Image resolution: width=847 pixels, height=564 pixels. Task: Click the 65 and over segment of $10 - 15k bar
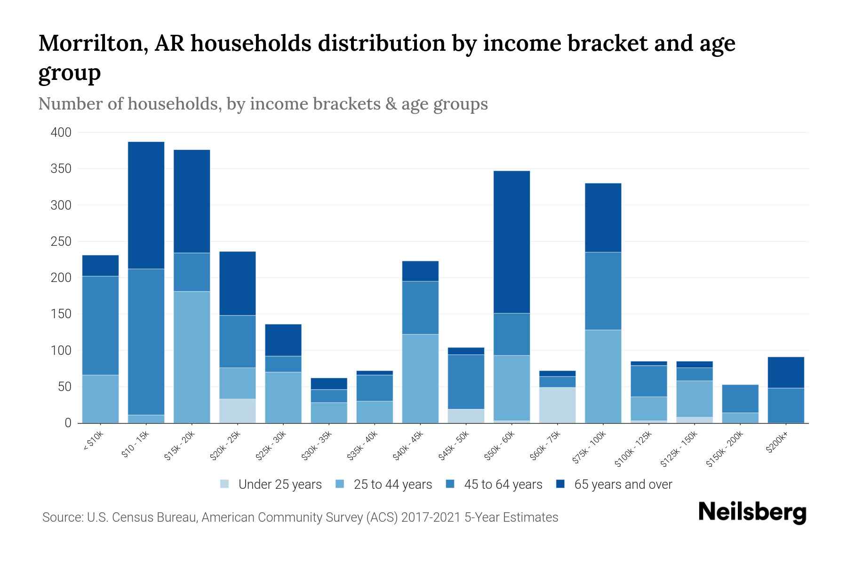click(146, 205)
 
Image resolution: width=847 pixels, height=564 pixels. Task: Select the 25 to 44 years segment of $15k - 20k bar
click(192, 357)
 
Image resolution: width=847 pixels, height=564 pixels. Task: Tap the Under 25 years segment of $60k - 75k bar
click(557, 405)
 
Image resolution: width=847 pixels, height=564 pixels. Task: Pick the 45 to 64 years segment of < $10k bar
click(100, 325)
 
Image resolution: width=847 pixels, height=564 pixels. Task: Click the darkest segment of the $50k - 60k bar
click(511, 242)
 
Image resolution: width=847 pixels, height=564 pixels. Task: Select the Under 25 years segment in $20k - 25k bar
click(237, 411)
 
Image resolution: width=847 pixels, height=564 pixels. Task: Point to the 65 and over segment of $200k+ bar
click(785, 372)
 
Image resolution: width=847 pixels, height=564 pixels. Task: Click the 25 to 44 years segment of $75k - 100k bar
click(603, 376)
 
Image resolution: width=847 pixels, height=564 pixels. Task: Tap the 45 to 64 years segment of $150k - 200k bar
click(740, 399)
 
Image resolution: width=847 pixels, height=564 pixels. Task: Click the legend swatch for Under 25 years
click(225, 484)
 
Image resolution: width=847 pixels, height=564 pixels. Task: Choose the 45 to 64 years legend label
click(503, 484)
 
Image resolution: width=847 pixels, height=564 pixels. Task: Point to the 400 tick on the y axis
click(61, 133)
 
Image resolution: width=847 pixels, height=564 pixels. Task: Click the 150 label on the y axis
click(61, 314)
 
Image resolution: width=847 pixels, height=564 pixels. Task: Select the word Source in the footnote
click(62, 517)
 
